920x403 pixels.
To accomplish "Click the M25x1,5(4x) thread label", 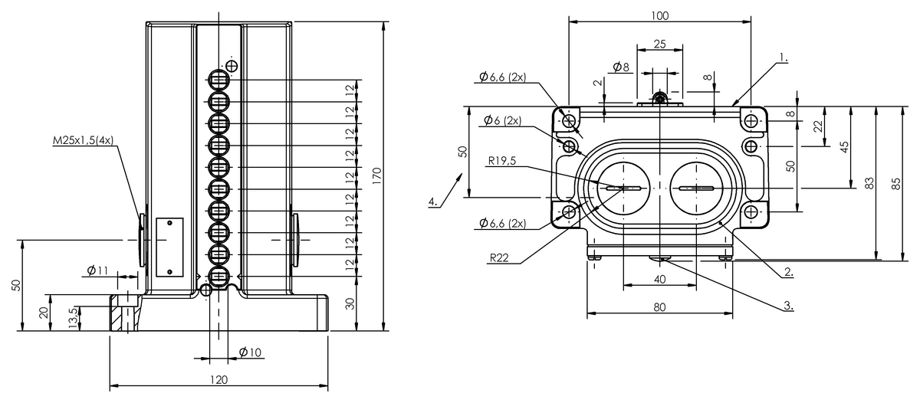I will pyautogui.click(x=83, y=140).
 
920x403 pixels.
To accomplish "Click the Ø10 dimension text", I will pyautogui.click(x=251, y=352).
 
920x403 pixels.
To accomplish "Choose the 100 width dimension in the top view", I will pyautogui.click(x=659, y=15).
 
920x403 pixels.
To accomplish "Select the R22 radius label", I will pyautogui.click(x=498, y=259).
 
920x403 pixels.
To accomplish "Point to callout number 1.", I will pyautogui.click(x=783, y=57).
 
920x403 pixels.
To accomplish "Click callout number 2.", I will pyautogui.click(x=787, y=272).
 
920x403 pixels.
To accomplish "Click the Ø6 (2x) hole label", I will pyautogui.click(x=502, y=121).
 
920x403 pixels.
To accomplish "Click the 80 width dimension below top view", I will pyautogui.click(x=659, y=306).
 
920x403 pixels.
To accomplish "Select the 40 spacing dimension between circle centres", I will pyautogui.click(x=659, y=280).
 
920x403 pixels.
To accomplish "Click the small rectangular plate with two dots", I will pyautogui.click(x=169, y=247).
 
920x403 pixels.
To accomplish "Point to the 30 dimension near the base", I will pyautogui.click(x=350, y=303).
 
